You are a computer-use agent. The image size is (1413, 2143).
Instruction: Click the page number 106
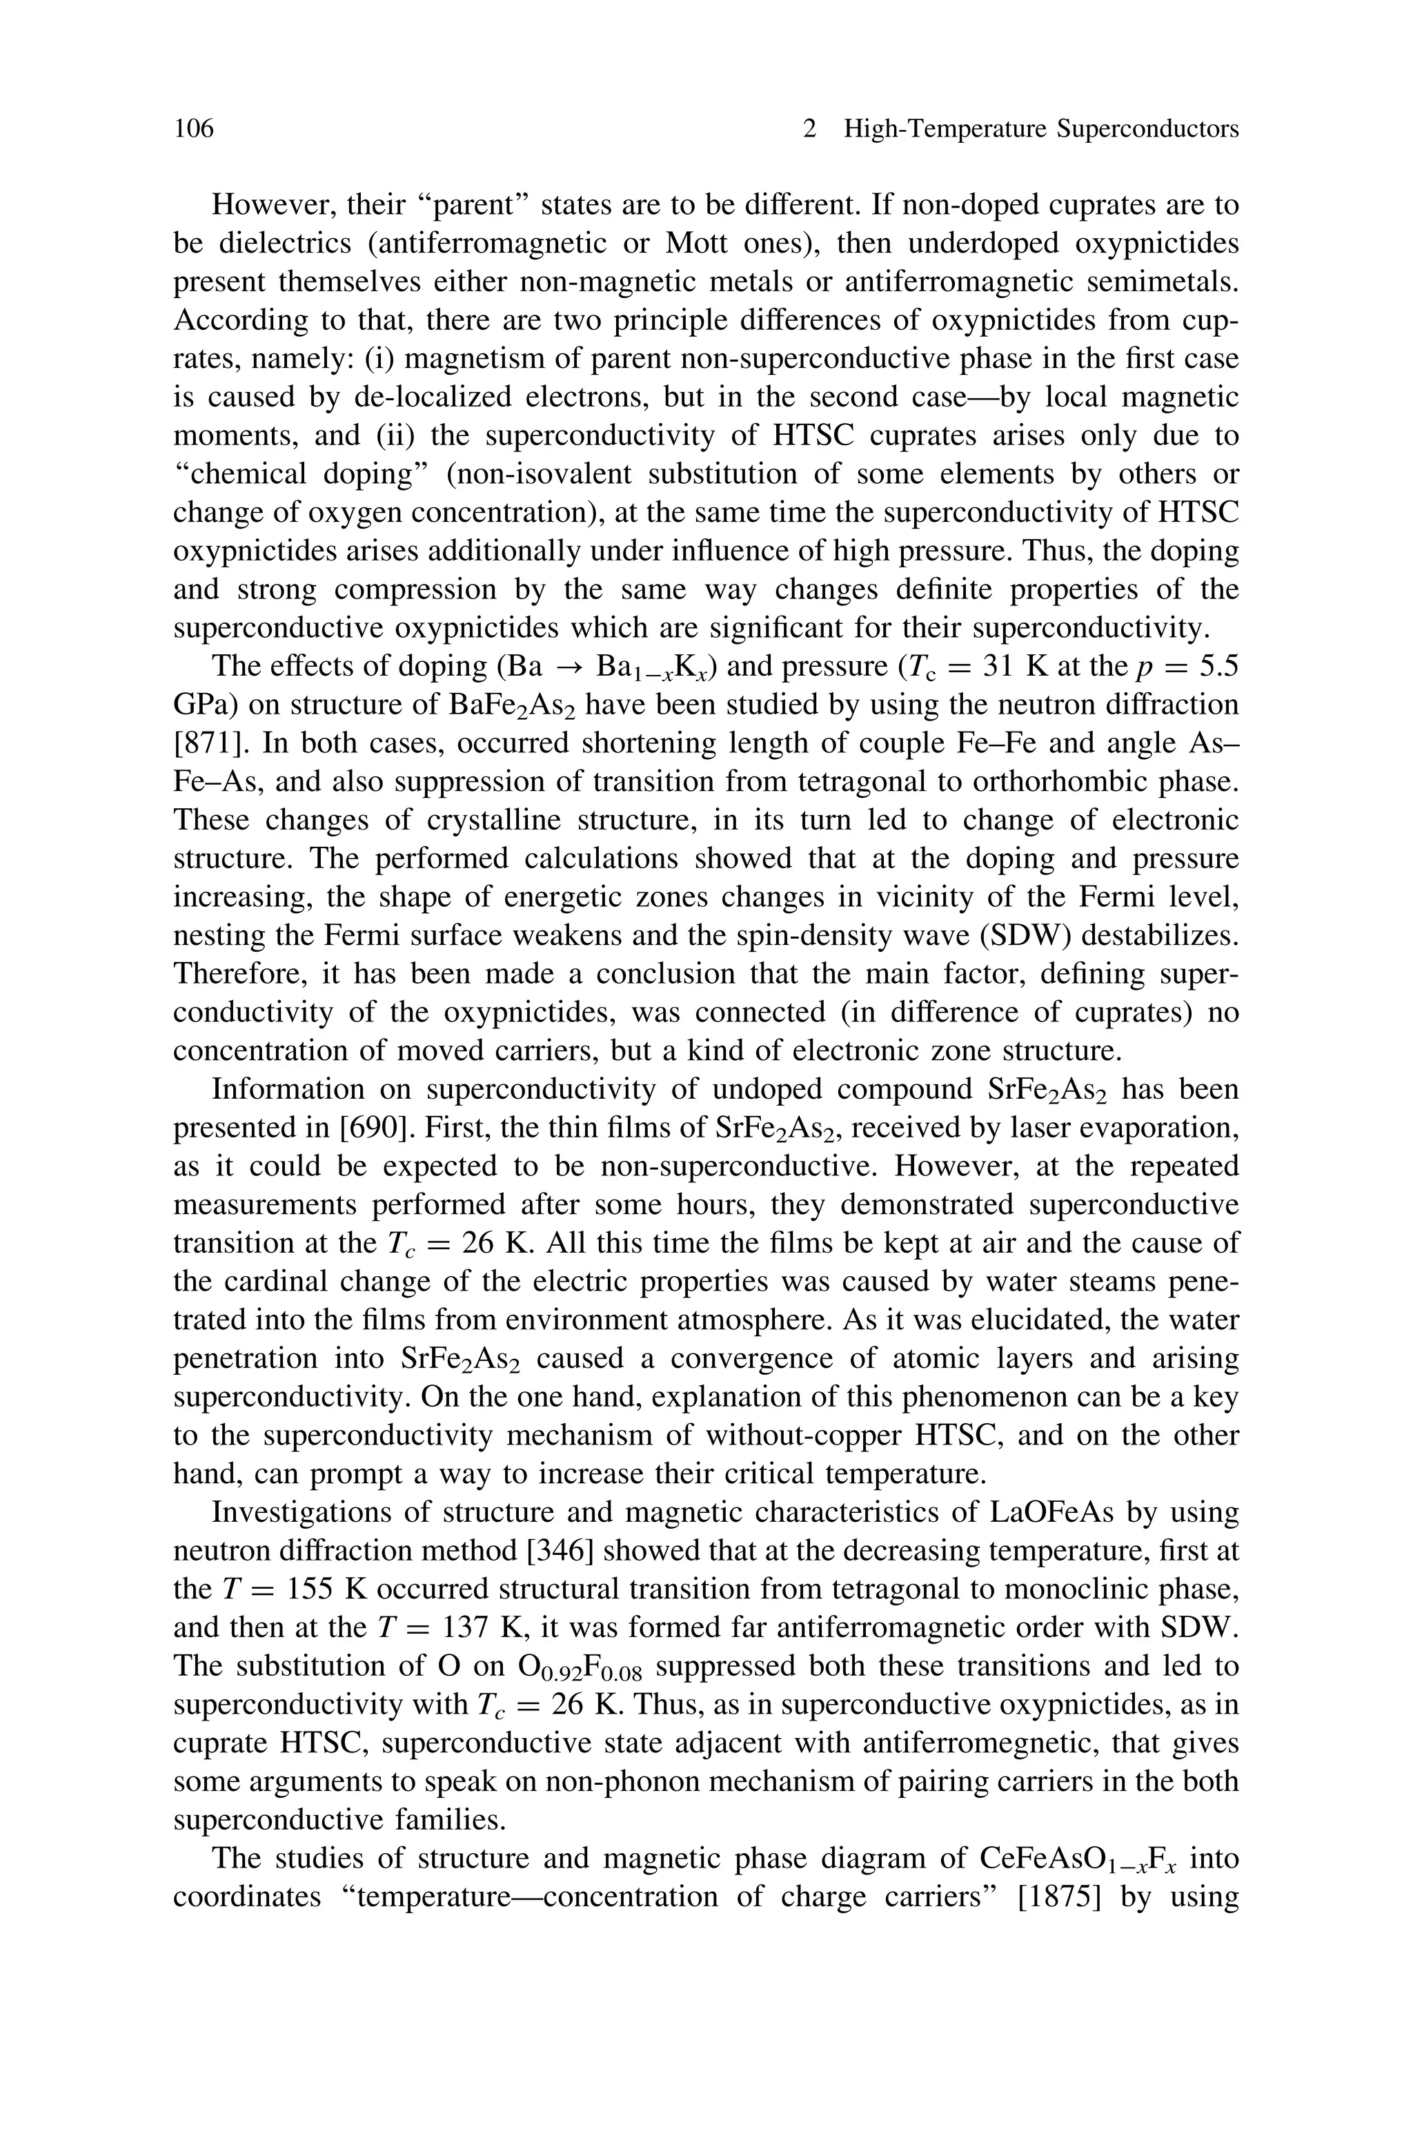tap(194, 130)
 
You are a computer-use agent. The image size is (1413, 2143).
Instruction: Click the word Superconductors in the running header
tap(1147, 130)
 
